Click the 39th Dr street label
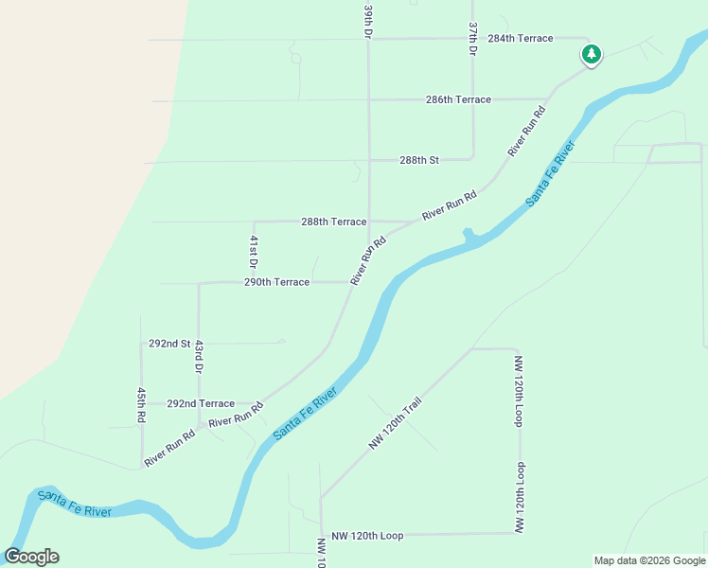click(x=368, y=20)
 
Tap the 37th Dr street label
click(x=472, y=38)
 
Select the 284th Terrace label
click(x=520, y=39)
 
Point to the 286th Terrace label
click(x=458, y=99)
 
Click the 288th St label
click(x=418, y=160)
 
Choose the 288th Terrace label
click(x=333, y=222)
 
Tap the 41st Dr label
click(x=254, y=251)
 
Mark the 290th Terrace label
click(x=276, y=282)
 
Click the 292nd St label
click(x=169, y=344)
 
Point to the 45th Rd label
click(x=141, y=404)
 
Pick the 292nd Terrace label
click(x=200, y=403)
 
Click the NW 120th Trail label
click(x=395, y=423)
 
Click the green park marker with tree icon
click(x=592, y=54)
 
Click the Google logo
click(x=31, y=557)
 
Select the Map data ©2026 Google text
click(x=649, y=560)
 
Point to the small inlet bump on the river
click(x=468, y=233)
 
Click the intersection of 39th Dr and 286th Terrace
click(x=368, y=99)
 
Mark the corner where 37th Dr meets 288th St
click(x=472, y=159)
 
